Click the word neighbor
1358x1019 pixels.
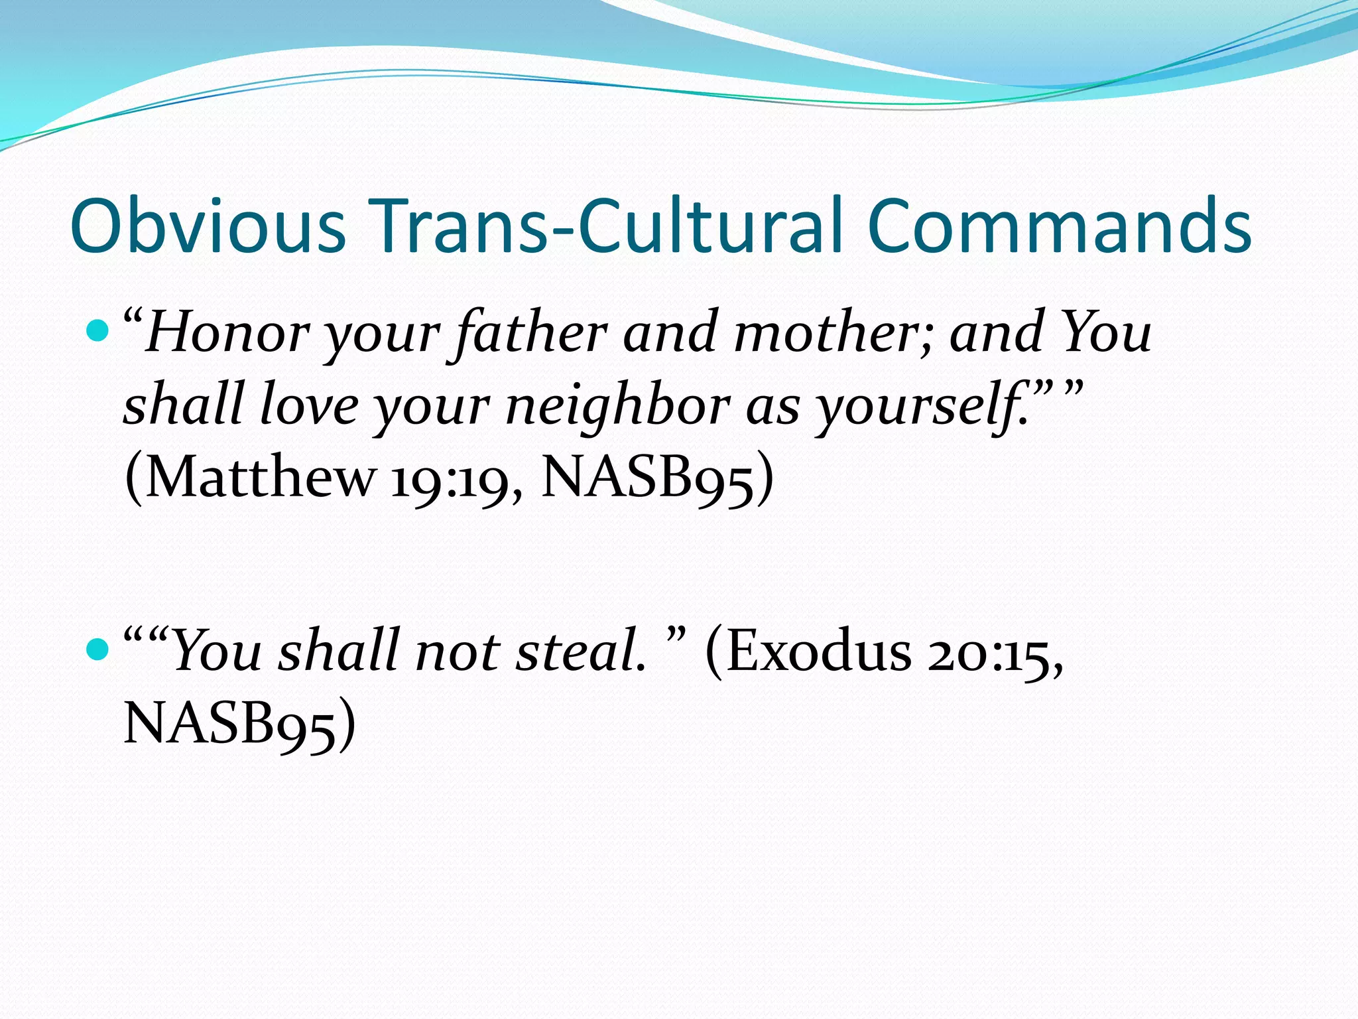pyautogui.click(x=617, y=405)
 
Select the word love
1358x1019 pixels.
pyautogui.click(x=309, y=405)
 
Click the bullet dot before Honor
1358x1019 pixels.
pyautogui.click(x=97, y=330)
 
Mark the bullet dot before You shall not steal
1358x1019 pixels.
pyautogui.click(x=97, y=649)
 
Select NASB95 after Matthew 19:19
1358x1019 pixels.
pyautogui.click(x=649, y=477)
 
